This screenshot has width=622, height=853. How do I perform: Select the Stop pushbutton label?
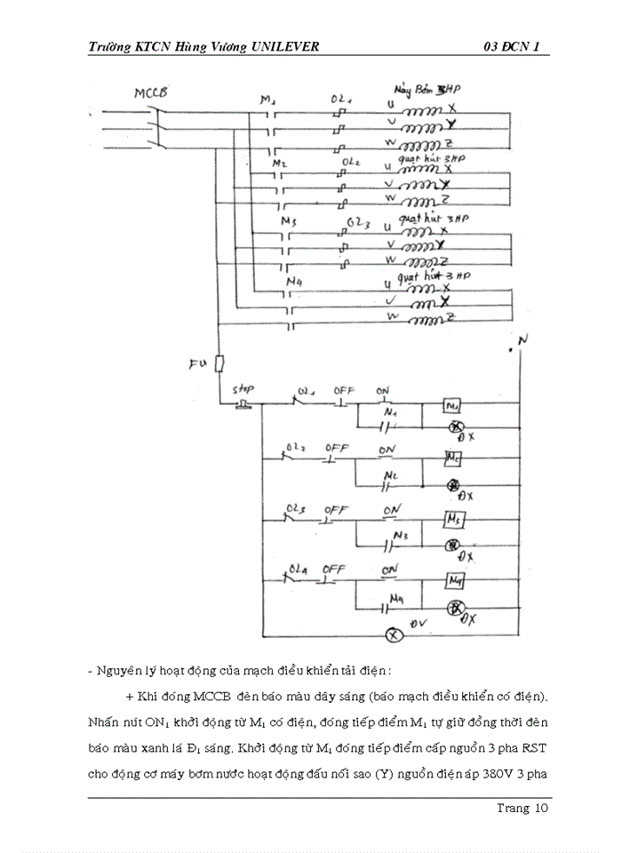tap(243, 389)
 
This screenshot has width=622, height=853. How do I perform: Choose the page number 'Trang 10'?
tap(523, 808)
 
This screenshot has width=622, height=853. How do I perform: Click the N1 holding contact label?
tap(388, 412)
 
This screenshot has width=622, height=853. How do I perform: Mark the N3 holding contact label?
tap(401, 536)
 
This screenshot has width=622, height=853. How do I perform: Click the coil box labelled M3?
tap(455, 519)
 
